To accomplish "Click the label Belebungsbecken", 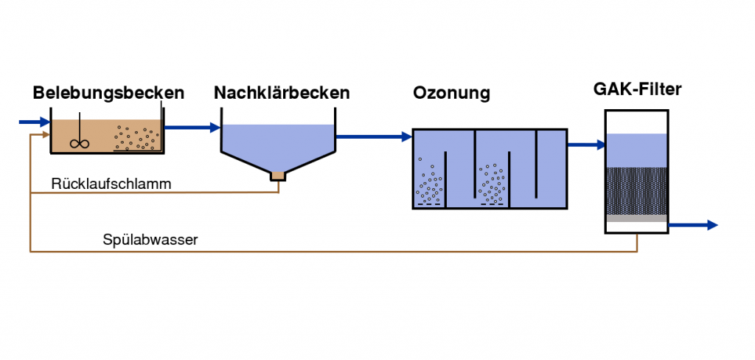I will (x=108, y=93).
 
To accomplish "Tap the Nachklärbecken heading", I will (x=282, y=93).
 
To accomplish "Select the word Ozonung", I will (x=451, y=93).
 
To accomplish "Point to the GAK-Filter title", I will (x=637, y=90).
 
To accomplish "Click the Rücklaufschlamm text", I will (x=111, y=184).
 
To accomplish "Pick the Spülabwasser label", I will (x=150, y=240).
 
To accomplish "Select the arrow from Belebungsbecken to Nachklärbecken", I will (x=192, y=128).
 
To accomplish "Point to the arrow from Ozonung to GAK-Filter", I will (x=586, y=145).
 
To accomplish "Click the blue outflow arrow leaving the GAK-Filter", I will (x=694, y=225).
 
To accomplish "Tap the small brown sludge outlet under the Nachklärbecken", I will (x=278, y=176).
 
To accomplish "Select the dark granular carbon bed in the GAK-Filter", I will (x=636, y=190).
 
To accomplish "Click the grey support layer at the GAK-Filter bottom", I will (x=636, y=218).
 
